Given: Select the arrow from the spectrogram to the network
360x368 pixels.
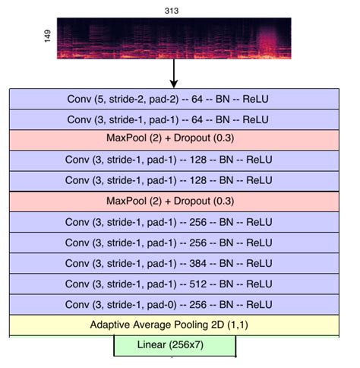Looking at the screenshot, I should [174, 75].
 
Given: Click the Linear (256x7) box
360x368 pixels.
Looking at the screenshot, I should [175, 346].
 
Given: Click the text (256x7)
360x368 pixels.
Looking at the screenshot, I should [191, 346].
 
